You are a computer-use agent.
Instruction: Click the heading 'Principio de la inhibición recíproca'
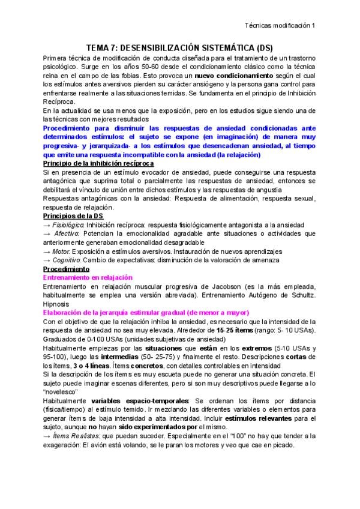(x=99, y=163)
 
